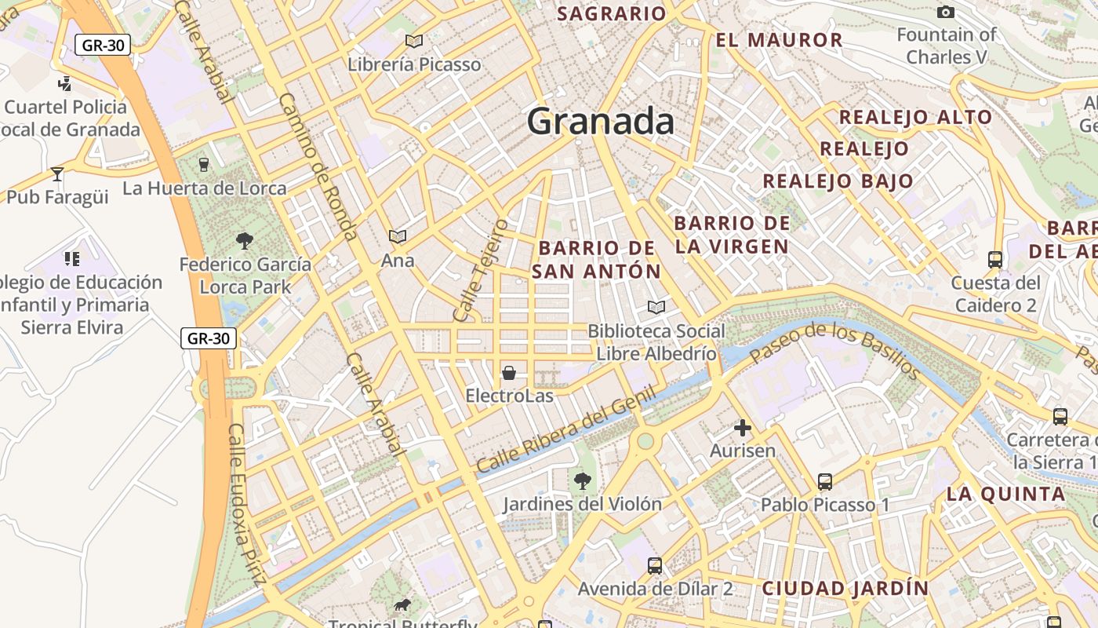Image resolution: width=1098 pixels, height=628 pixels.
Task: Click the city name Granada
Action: click(600, 122)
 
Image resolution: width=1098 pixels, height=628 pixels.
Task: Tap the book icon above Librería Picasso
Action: click(413, 41)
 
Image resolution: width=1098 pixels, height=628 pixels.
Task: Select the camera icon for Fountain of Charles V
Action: click(946, 12)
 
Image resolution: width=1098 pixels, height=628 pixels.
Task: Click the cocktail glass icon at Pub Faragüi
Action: click(56, 173)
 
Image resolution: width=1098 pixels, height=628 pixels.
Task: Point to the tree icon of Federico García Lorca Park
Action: click(245, 241)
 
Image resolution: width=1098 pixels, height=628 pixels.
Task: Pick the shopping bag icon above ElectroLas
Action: click(509, 372)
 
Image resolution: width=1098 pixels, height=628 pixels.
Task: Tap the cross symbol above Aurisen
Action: click(742, 428)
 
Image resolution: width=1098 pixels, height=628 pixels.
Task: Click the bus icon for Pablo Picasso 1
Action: click(825, 481)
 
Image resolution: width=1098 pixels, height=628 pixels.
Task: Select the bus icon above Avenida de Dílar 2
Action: click(655, 565)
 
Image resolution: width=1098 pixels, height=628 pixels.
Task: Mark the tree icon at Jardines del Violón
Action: click(582, 480)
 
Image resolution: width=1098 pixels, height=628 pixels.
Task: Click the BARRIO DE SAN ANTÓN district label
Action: click(596, 260)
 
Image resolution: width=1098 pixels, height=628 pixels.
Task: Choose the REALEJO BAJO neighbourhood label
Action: click(838, 181)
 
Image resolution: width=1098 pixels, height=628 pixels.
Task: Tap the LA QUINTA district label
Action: click(1005, 495)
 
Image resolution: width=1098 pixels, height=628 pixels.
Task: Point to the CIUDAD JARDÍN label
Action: click(845, 588)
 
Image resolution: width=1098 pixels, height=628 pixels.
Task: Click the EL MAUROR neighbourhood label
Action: click(779, 40)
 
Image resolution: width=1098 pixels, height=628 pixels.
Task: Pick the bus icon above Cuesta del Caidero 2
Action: click(995, 259)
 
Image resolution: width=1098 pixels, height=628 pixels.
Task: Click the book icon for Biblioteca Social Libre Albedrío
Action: click(656, 307)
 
